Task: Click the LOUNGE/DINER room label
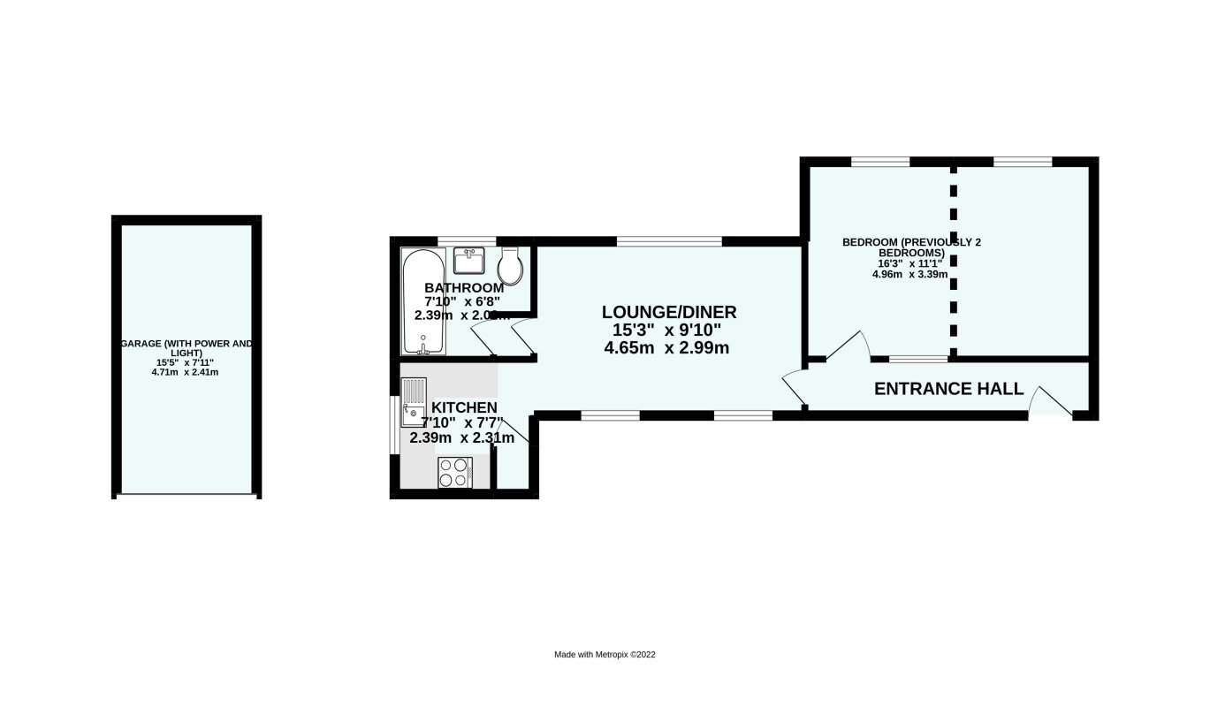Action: pos(668,312)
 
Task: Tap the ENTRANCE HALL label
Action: pos(948,389)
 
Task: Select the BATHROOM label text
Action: pos(464,287)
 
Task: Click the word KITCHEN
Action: pos(464,407)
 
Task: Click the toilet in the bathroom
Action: pos(511,263)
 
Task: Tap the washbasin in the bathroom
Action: pos(469,261)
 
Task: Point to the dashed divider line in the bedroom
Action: pos(953,261)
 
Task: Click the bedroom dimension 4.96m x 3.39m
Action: pos(909,274)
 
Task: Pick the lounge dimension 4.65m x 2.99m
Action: pos(666,348)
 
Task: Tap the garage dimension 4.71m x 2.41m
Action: pos(185,372)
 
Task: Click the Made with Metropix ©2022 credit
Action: pos(605,655)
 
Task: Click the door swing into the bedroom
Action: pos(847,346)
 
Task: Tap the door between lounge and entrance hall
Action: pos(794,389)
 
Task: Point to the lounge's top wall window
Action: pos(669,240)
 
